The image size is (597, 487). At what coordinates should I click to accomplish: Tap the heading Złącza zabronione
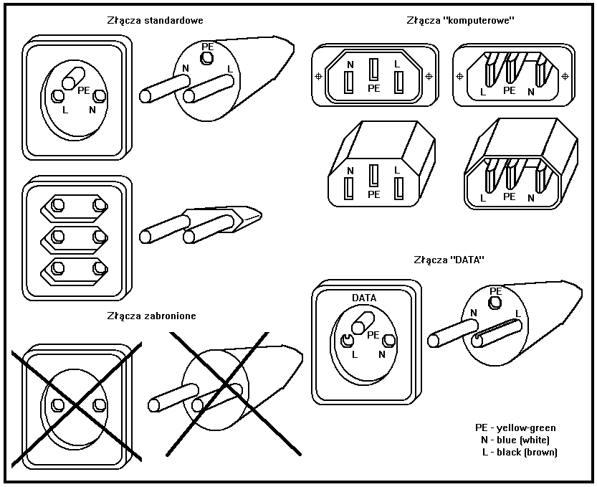151,315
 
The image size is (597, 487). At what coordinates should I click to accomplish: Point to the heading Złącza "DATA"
449,259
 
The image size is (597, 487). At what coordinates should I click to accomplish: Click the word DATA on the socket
364,298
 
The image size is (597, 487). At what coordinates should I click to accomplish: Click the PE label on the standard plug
208,47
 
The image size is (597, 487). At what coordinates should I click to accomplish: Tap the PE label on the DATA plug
495,290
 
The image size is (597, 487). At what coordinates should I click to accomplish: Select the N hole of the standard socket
99,96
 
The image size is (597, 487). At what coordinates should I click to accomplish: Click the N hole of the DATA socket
389,340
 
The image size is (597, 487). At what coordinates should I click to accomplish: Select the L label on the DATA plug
517,313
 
